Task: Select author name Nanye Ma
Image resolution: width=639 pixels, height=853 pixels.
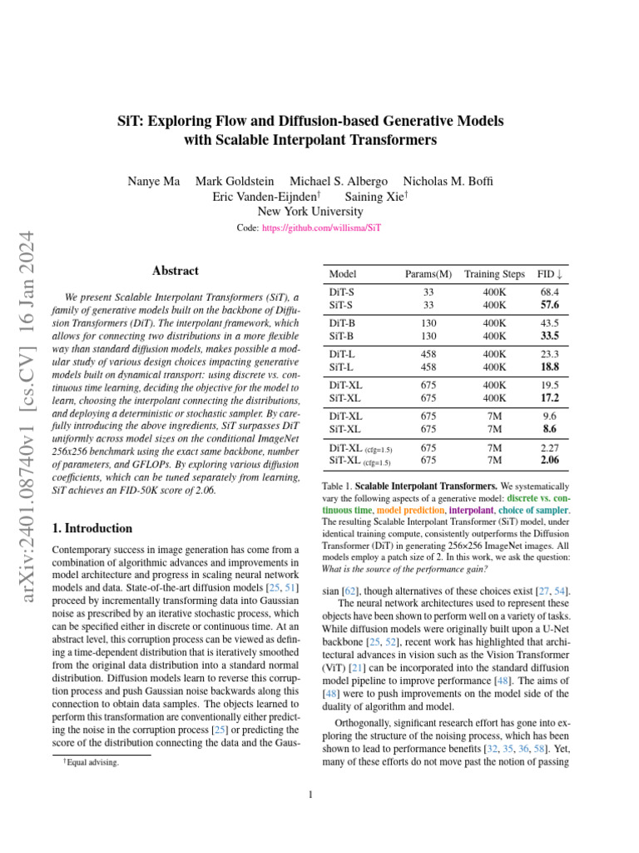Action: point(154,181)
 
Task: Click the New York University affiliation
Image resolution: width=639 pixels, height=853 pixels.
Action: point(310,212)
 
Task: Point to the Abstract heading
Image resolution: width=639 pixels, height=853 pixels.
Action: point(176,271)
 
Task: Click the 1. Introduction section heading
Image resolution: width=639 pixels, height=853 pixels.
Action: point(92,528)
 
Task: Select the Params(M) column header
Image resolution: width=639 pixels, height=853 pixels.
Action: point(428,274)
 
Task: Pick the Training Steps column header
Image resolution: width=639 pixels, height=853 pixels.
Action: point(494,274)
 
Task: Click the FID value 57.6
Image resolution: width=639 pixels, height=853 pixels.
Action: point(549,306)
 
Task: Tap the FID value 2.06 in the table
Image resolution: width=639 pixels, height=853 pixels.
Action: point(549,459)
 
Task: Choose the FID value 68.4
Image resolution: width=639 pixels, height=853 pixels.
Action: point(549,293)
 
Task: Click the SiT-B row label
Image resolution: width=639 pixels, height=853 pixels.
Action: point(342,336)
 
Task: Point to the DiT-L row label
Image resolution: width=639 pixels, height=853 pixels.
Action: point(342,354)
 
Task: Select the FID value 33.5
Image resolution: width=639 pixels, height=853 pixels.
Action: point(549,336)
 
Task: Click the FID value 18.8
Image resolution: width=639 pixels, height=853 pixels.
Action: point(549,367)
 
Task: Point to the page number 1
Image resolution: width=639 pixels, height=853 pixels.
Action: point(310,795)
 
